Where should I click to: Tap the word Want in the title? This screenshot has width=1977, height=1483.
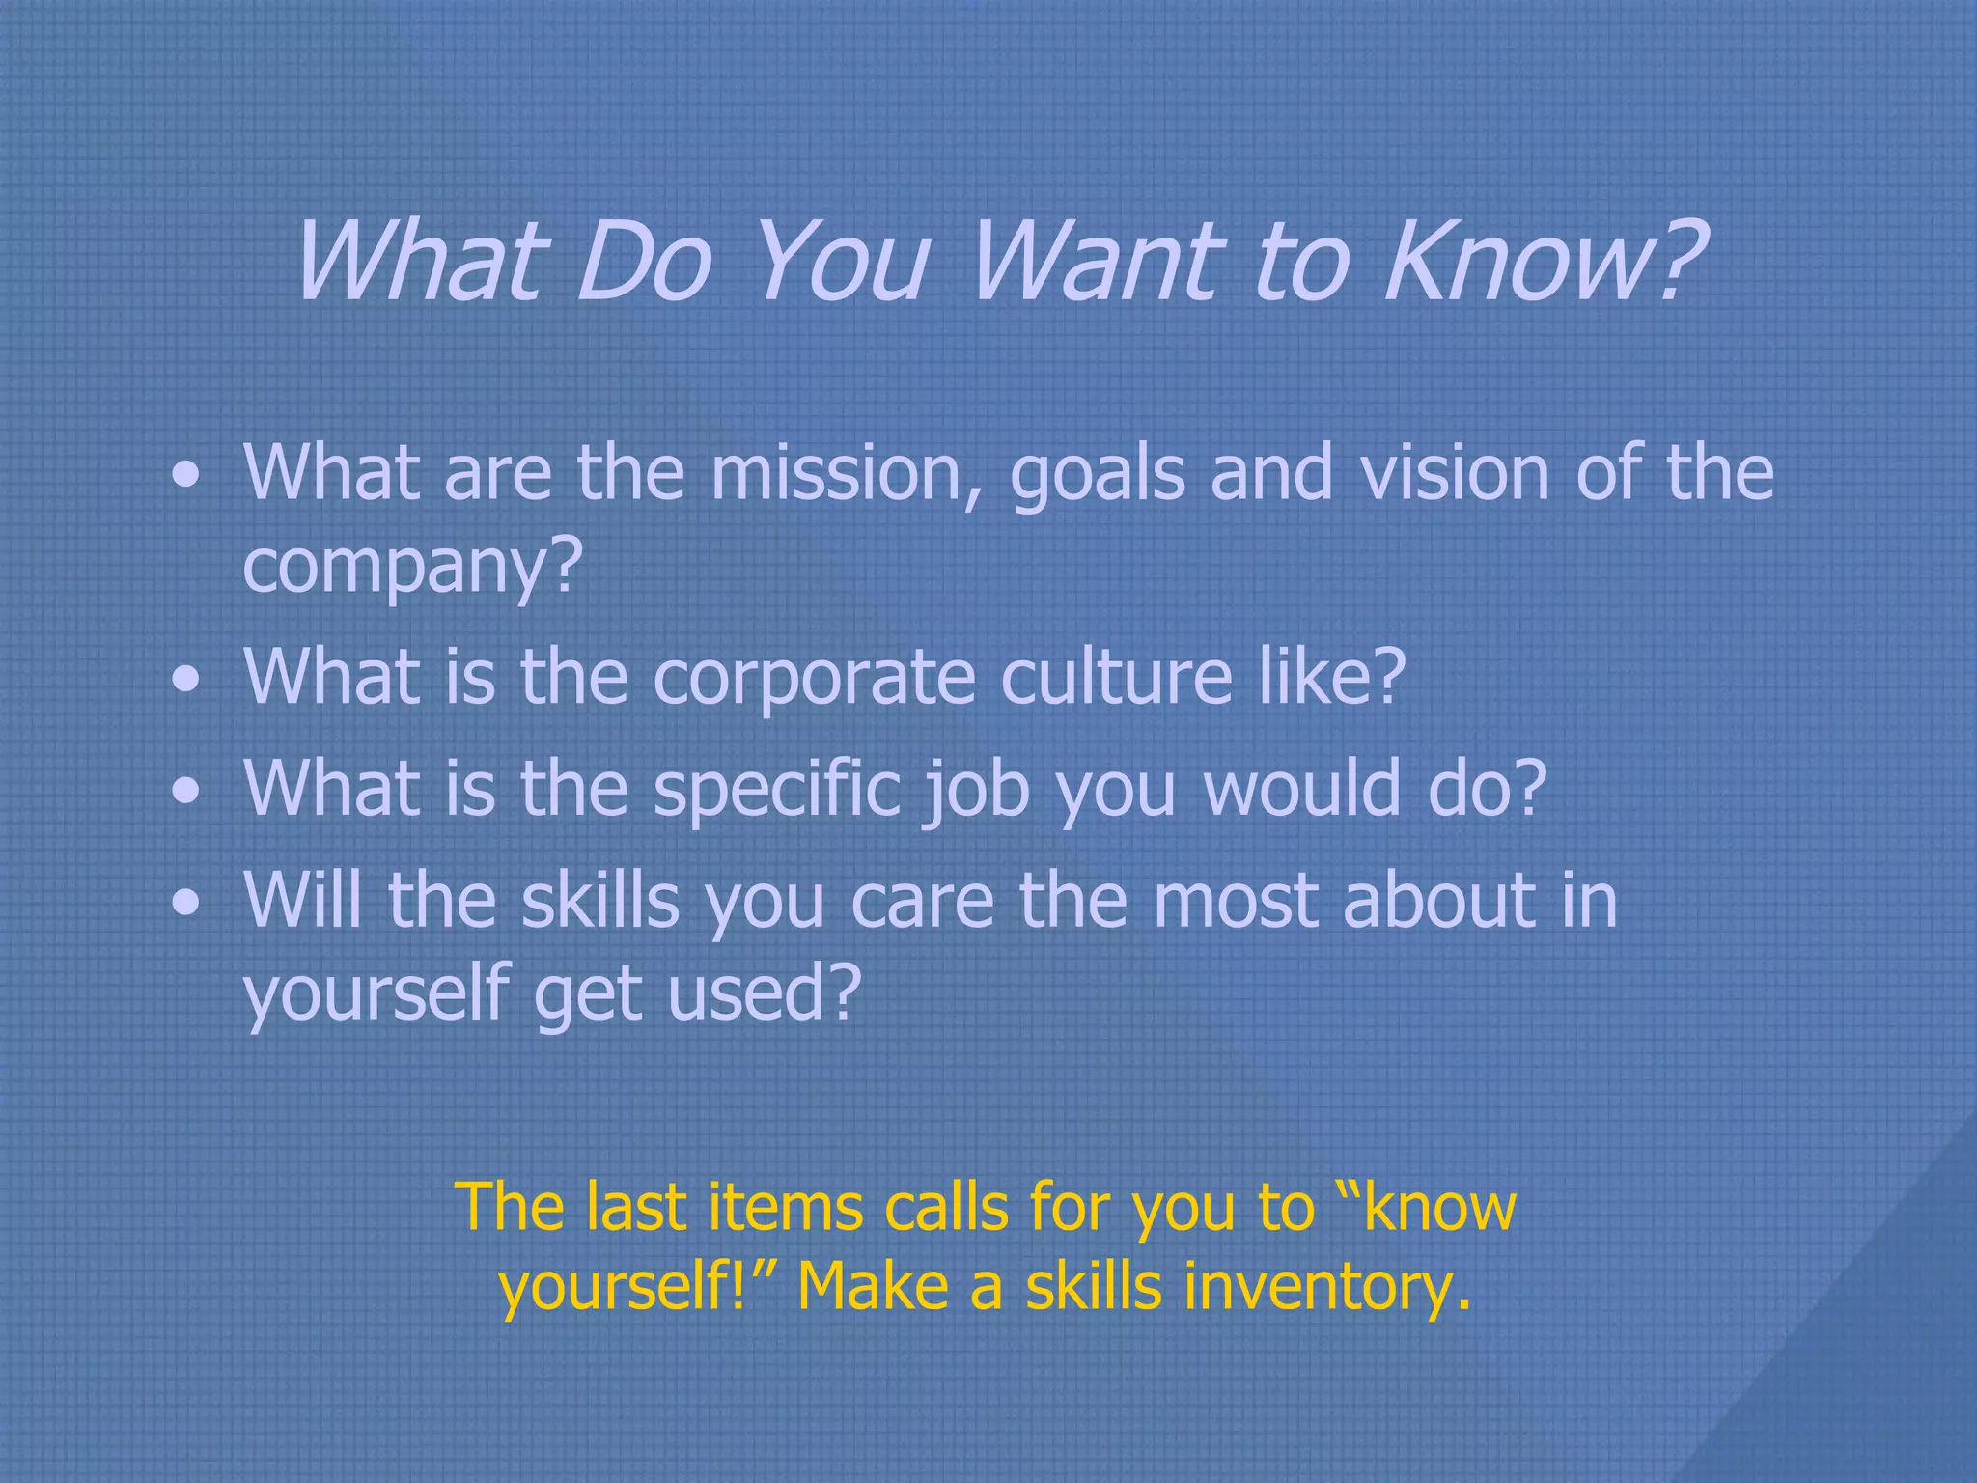(x=1096, y=261)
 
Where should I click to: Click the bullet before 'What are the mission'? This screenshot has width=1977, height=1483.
(x=186, y=476)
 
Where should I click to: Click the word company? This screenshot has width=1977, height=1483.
(x=413, y=568)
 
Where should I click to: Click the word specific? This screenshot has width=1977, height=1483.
(x=777, y=790)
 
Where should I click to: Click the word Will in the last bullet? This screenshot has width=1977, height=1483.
(x=304, y=900)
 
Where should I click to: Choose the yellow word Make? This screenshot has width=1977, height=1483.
(x=873, y=1286)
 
